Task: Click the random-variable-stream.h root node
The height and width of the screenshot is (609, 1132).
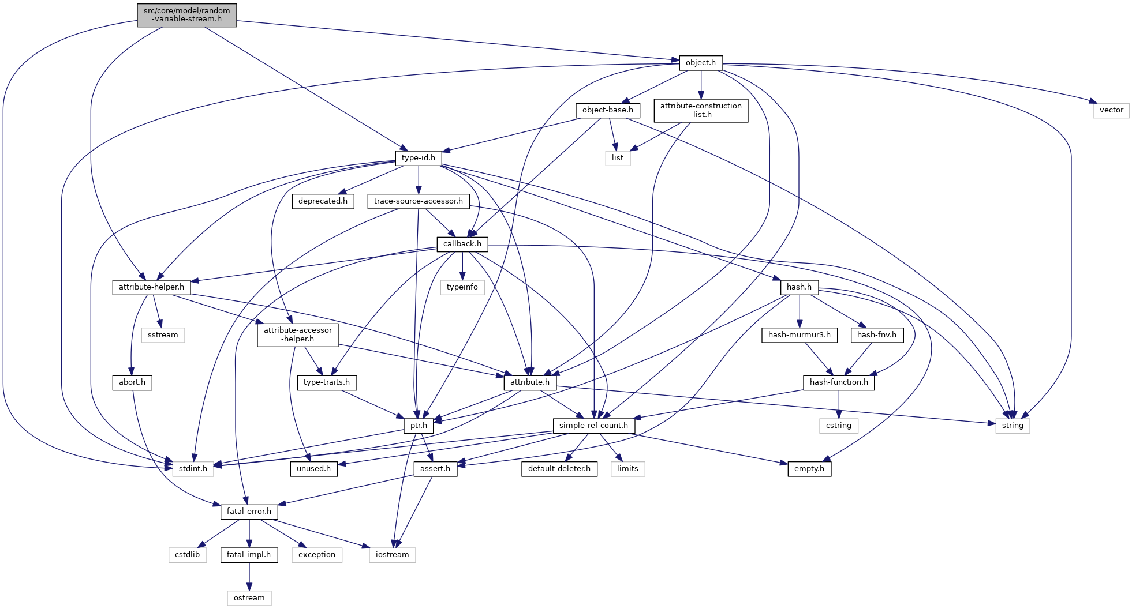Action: [186, 15]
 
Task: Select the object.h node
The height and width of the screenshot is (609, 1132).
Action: [700, 63]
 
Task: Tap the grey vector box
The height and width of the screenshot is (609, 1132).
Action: [1111, 110]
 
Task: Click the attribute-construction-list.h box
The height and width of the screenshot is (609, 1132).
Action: [700, 110]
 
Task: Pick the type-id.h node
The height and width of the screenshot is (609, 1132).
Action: [418, 158]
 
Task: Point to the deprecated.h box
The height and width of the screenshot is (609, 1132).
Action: [323, 201]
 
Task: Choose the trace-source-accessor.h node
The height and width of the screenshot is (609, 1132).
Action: [418, 201]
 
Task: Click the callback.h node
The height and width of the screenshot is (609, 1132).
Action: [462, 244]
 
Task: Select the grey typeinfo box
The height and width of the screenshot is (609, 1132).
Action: [462, 287]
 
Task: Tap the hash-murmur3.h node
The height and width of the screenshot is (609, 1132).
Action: [799, 335]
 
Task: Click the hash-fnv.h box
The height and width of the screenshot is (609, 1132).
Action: [876, 335]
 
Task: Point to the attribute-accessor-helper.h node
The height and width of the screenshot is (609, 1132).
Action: [297, 334]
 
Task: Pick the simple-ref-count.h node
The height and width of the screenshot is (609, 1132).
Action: [593, 426]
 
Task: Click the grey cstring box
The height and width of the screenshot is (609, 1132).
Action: [838, 426]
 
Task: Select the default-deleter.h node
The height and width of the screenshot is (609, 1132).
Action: [559, 469]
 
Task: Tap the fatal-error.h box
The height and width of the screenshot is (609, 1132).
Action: [249, 512]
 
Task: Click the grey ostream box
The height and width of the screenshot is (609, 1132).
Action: [249, 598]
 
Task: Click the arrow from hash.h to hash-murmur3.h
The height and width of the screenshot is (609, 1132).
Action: [799, 311]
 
